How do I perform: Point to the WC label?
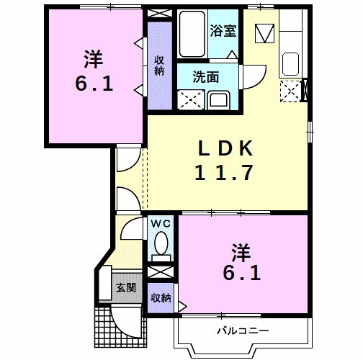click(161, 223)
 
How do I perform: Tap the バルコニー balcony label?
click(242, 330)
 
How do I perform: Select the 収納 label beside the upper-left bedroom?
click(159, 65)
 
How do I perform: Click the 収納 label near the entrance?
click(161, 297)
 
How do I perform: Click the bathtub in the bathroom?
click(192, 33)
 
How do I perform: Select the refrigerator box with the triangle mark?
click(265, 32)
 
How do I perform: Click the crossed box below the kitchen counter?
click(290, 90)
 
